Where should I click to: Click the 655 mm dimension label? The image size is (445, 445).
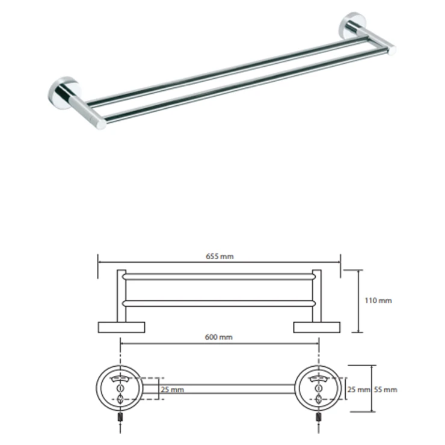219,256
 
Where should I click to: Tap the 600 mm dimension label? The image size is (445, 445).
218,337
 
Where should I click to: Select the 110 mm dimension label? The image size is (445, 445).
378,300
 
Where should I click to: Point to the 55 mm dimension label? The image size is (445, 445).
385,390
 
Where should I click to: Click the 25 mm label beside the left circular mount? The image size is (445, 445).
172,390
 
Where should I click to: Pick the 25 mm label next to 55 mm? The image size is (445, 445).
359,390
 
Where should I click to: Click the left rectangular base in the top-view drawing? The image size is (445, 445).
121,327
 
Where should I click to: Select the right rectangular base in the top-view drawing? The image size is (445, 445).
317,327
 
